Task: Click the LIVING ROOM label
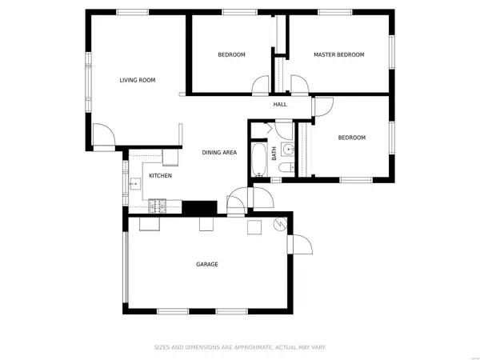pyautogui.click(x=138, y=80)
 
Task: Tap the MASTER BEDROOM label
pyautogui.click(x=339, y=54)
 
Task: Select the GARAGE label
pyautogui.click(x=207, y=264)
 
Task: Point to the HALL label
pyautogui.click(x=280, y=104)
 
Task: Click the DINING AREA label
pyautogui.click(x=219, y=153)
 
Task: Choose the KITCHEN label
pyautogui.click(x=161, y=176)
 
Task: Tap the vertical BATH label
pyautogui.click(x=274, y=154)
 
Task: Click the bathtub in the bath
pyautogui.click(x=259, y=160)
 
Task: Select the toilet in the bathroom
pyautogui.click(x=286, y=167)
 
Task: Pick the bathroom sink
pyautogui.click(x=288, y=150)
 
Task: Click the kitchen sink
pyautogui.click(x=135, y=184)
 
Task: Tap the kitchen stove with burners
pyautogui.click(x=158, y=206)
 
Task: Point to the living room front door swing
pyautogui.click(x=104, y=134)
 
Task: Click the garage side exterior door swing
pyautogui.click(x=303, y=244)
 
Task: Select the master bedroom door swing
pyautogui.click(x=299, y=84)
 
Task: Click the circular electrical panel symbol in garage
pyautogui.click(x=281, y=224)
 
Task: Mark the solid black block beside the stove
pyautogui.click(x=199, y=207)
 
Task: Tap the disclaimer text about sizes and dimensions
pyautogui.click(x=240, y=347)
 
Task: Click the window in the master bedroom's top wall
pyautogui.click(x=335, y=12)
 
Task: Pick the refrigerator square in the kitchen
pyautogui.click(x=170, y=158)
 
